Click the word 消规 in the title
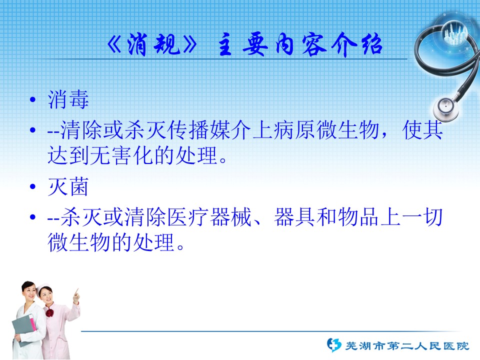tap(153, 44)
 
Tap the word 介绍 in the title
tap(357, 44)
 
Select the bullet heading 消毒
tap(68, 100)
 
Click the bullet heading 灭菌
tap(68, 186)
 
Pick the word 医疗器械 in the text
tap(209, 217)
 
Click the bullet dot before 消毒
tap(33, 100)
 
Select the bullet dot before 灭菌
tap(33, 186)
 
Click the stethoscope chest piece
tap(446, 108)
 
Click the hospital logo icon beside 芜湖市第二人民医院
tap(333, 345)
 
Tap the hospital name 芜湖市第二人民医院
tap(407, 346)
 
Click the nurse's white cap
tap(43, 287)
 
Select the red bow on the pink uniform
tap(49, 313)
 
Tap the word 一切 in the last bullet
tap(422, 217)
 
